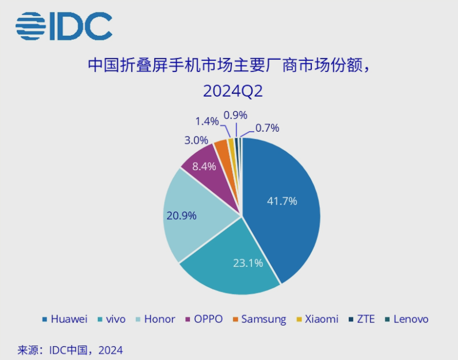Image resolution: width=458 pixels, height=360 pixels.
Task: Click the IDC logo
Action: click(x=64, y=25)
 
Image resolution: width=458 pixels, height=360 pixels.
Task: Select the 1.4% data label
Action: click(x=207, y=121)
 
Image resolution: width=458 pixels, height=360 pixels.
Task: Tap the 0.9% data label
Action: click(x=235, y=115)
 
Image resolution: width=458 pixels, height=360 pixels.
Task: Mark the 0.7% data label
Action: click(x=267, y=128)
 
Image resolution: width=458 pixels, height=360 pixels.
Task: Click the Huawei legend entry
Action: click(x=64, y=319)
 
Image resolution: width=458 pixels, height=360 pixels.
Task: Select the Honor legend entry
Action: click(x=154, y=319)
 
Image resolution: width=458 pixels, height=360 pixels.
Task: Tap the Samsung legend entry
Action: click(x=259, y=319)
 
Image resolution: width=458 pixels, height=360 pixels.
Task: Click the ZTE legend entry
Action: click(x=361, y=319)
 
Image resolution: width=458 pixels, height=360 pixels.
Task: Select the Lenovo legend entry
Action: click(x=406, y=319)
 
